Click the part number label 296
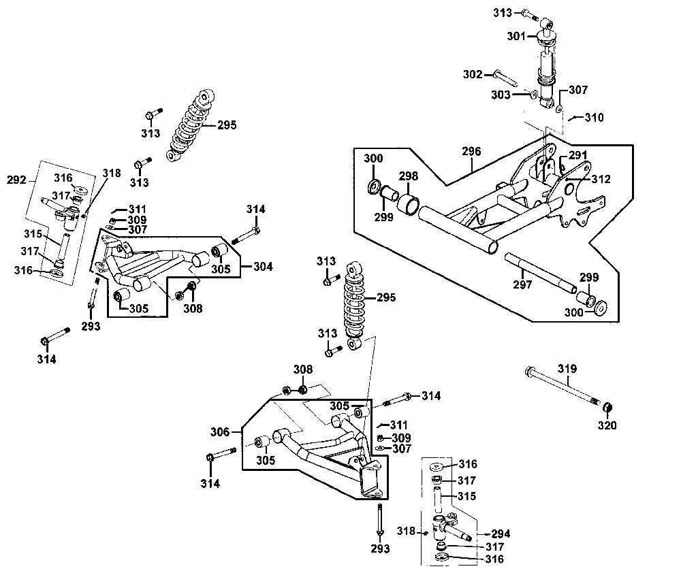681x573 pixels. click(x=471, y=151)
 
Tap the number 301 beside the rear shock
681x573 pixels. click(x=516, y=36)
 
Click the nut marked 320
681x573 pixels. click(x=608, y=408)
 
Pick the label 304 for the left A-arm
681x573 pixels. click(x=263, y=266)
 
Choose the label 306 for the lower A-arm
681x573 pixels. click(x=220, y=432)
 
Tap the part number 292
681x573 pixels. click(x=16, y=180)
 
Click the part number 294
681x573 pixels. click(x=501, y=534)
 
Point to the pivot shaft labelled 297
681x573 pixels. click(x=541, y=273)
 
